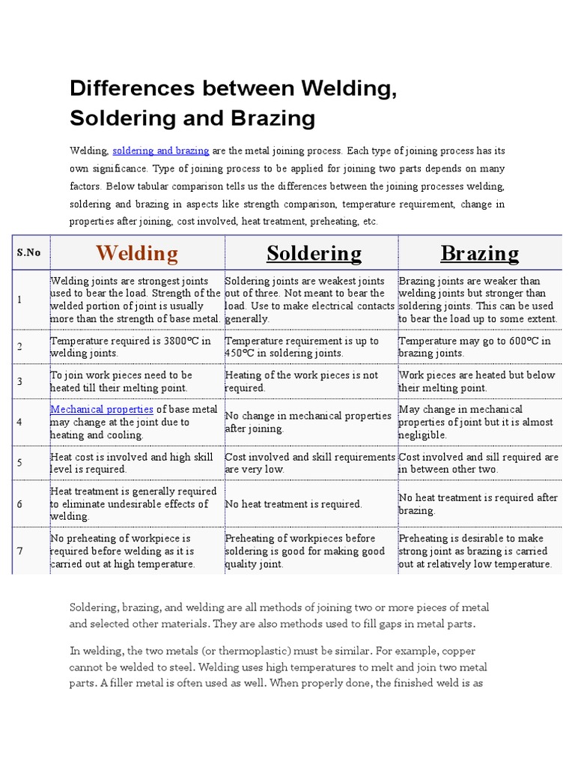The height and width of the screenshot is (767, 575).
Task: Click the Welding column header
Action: pos(137,253)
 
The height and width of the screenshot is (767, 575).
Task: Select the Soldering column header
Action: pos(314,253)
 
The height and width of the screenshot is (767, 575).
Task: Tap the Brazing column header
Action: pos(480,253)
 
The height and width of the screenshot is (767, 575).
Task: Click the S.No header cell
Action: pos(28,253)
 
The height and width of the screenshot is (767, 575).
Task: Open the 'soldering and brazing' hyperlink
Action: pos(161,151)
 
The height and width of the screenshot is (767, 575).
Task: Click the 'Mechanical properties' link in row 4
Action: pos(102,410)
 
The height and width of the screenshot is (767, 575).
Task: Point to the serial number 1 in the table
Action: pos(20,300)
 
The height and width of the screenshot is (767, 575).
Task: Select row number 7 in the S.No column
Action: pos(20,551)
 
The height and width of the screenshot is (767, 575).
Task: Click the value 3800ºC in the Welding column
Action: pos(179,341)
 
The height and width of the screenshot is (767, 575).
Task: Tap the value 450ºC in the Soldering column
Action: pos(242,354)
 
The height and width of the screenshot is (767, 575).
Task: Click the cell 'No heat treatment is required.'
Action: pos(293,504)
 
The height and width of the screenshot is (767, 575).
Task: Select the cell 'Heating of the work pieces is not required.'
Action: pos(302,381)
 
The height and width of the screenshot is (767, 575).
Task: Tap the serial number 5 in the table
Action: pos(20,463)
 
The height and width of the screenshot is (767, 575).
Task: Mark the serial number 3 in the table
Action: pos(20,381)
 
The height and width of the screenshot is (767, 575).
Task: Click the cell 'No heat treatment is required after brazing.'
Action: pos(478,504)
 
